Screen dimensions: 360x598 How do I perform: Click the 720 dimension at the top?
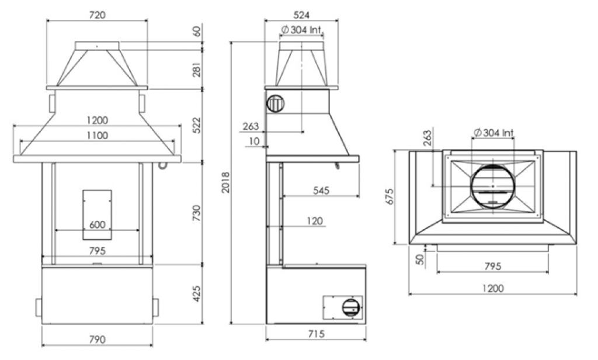[97, 16]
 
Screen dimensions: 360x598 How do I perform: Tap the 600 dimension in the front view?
[97, 224]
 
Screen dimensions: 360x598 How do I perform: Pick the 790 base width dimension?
[97, 339]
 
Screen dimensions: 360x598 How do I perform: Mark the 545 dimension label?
[320, 190]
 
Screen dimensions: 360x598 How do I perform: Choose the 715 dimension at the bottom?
[316, 334]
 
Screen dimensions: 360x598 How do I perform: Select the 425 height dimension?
[196, 293]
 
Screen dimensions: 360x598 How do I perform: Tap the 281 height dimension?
[196, 70]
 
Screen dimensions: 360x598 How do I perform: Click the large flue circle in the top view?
[492, 186]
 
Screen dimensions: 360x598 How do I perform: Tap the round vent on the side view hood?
[275, 104]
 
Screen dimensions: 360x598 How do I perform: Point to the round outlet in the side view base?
[351, 307]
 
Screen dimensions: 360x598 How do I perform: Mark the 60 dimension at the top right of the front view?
[197, 31]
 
